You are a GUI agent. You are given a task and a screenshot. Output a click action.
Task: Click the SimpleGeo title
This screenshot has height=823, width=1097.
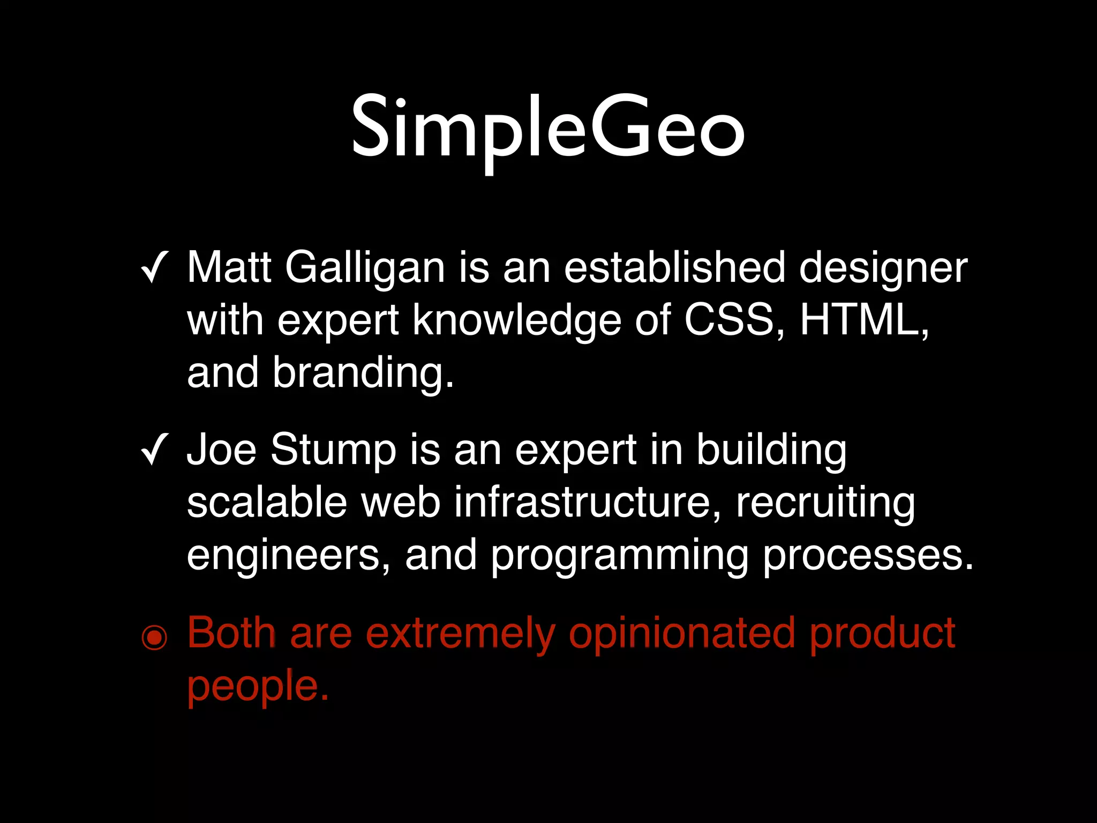(547, 129)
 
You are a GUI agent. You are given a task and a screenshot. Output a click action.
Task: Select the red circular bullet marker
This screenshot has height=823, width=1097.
(154, 637)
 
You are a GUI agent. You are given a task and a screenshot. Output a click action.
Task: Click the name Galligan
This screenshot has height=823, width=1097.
(365, 268)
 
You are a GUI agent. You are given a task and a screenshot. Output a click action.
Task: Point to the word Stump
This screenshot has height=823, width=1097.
(333, 451)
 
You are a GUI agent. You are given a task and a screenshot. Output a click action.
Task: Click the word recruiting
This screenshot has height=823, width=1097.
(825, 504)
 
